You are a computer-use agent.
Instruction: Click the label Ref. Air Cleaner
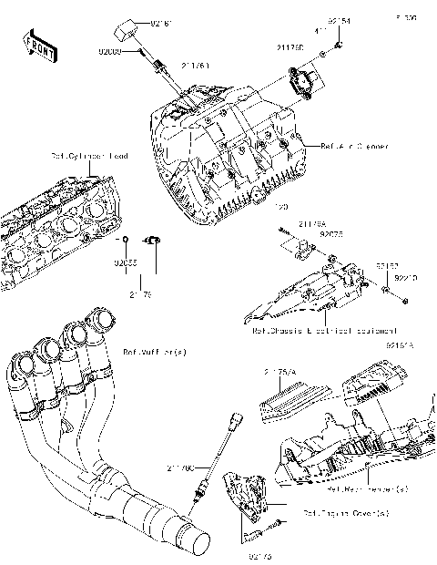355,146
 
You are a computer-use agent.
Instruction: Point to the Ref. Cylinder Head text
89,157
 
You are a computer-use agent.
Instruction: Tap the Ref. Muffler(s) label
151,350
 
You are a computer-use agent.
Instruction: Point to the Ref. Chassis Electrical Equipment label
324,330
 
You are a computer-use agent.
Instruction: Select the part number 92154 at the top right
340,19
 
